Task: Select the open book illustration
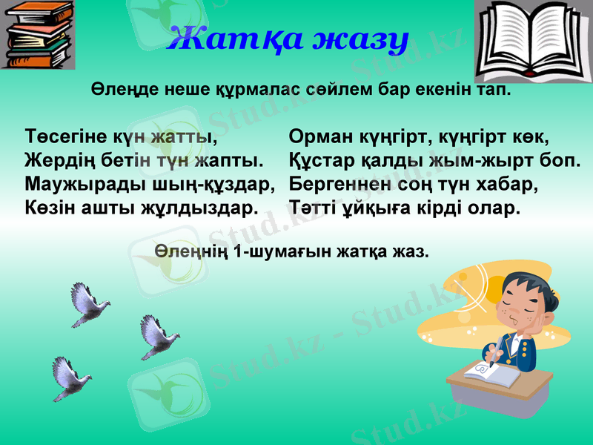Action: click(530, 42)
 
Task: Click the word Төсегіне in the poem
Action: click(65, 139)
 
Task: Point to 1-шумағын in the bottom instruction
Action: click(279, 251)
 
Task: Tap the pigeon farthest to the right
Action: click(157, 337)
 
